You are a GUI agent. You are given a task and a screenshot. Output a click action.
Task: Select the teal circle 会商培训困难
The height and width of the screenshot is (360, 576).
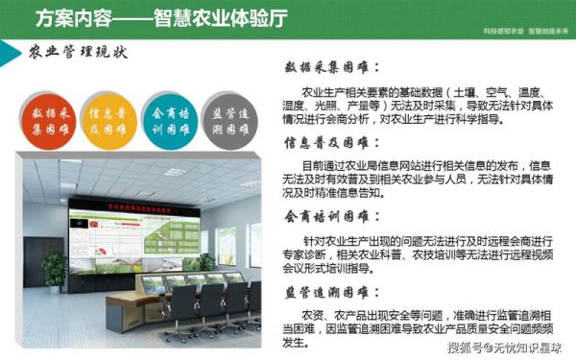[163, 120]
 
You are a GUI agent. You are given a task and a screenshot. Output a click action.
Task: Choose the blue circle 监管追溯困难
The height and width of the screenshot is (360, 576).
[224, 120]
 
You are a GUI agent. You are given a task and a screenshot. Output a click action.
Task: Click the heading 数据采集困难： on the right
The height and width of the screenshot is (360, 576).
[331, 68]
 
